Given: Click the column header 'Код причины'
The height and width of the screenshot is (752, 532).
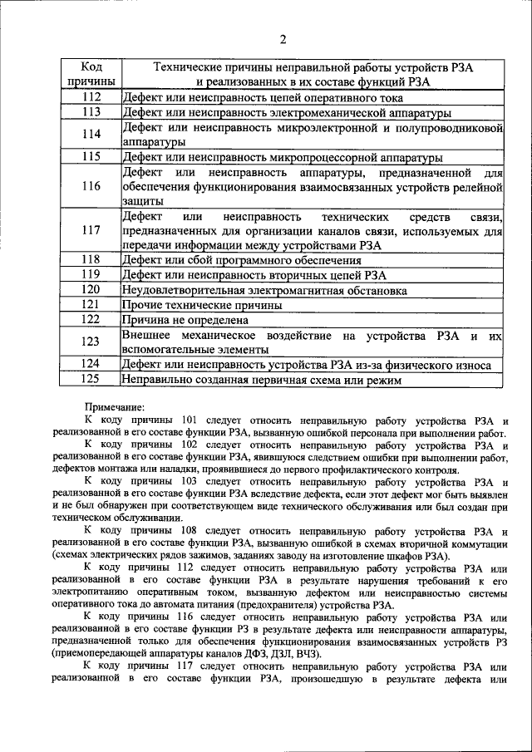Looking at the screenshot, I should [91, 74].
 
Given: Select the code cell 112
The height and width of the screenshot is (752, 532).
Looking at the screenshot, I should [91, 97].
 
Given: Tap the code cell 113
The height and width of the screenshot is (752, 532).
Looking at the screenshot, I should [91, 111].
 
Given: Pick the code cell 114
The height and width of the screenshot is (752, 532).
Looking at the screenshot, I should [91, 134].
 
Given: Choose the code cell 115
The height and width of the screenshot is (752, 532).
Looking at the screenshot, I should [91, 156].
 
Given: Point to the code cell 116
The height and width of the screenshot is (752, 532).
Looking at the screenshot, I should [91, 186].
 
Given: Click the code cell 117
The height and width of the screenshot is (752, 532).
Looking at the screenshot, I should [91, 230].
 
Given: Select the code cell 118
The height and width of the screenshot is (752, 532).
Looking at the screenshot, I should [91, 259].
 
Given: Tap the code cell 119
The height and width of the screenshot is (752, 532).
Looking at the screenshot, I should [91, 274].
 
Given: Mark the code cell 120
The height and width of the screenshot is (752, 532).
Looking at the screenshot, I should [91, 289].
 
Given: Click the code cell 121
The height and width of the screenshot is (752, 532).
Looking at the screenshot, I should [91, 304].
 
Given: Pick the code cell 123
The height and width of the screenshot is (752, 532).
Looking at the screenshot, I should [91, 342].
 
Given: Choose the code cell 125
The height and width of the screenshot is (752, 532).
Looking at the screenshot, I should [91, 379].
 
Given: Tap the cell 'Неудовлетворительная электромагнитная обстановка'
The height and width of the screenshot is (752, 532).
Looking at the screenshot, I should [264, 290].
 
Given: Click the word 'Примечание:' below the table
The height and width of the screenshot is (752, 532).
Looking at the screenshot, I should [116, 407].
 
